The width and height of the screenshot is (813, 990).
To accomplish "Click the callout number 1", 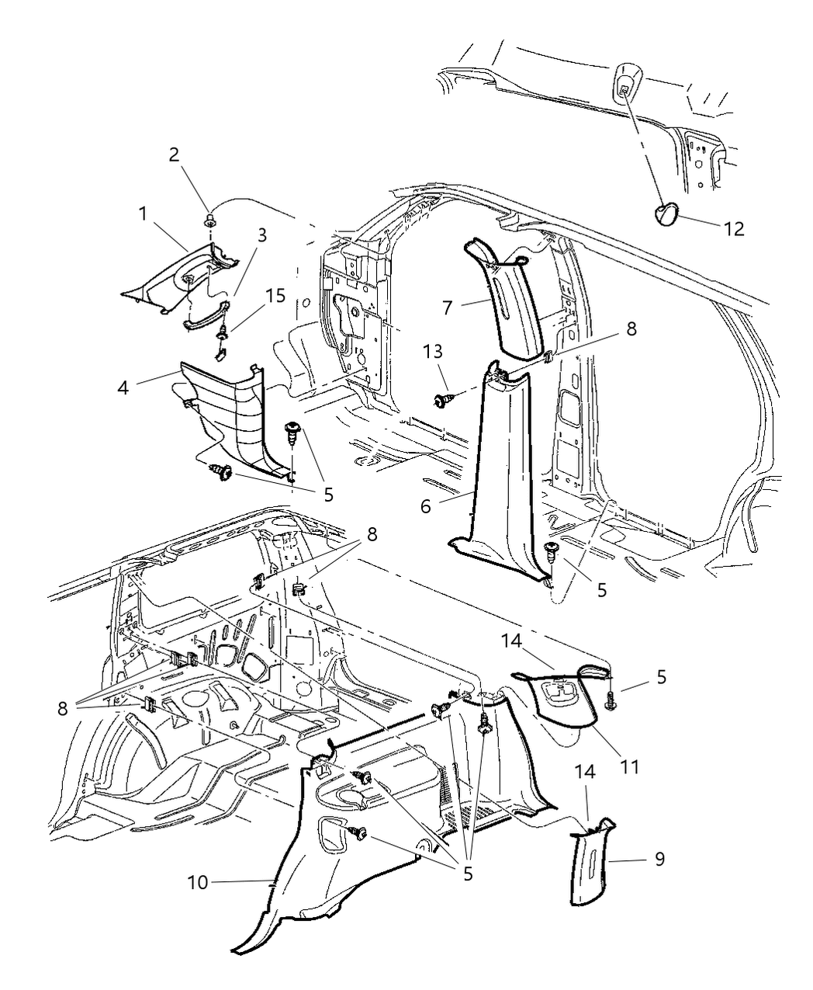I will [x=143, y=214].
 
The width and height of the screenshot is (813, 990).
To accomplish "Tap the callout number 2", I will [x=175, y=154].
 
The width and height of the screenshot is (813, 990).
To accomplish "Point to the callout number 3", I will [x=262, y=235].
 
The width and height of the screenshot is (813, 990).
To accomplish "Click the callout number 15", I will [x=275, y=296].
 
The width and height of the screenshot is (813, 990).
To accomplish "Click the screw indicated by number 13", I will [x=445, y=400].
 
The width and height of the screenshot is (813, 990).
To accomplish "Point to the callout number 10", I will [x=198, y=882].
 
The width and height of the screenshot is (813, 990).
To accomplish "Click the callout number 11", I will [x=629, y=766].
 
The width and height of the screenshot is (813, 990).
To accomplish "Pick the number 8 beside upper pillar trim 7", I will [x=631, y=328].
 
